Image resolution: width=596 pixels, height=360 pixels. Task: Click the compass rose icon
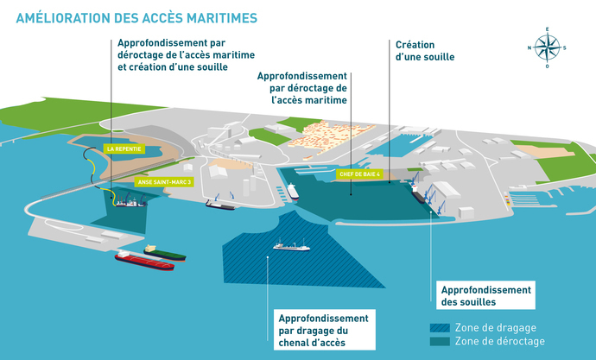pos(546,48)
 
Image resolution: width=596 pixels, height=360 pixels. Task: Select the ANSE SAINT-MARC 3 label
pos(163,182)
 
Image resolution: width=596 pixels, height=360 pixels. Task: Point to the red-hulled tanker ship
pos(144,261)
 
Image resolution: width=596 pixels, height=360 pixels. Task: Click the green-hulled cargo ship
pos(164,253)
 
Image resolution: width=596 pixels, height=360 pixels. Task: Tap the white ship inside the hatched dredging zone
pos(291,247)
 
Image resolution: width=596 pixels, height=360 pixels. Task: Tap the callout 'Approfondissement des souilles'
pos(485,296)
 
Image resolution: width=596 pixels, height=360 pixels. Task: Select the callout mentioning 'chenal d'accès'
pos(324,332)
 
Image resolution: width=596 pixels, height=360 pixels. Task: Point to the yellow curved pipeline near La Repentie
pos(89,168)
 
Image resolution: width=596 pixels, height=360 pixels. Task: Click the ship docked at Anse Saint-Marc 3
pos(130,204)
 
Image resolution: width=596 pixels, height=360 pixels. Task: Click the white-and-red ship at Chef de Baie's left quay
pos(293,191)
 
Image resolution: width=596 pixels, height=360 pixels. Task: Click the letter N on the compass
pos(529,48)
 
